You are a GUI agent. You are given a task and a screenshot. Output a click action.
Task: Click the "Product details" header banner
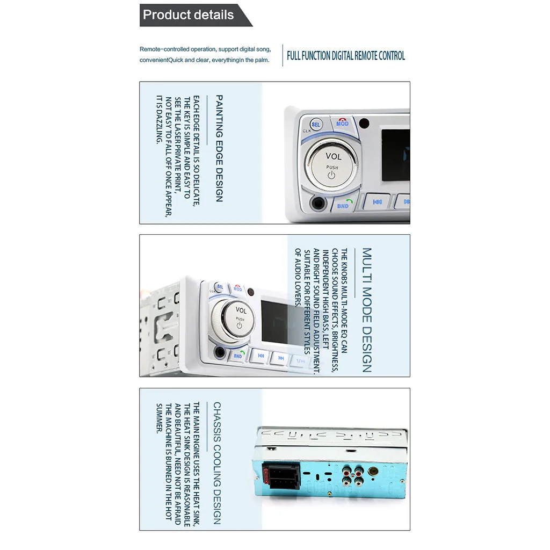tap(189, 15)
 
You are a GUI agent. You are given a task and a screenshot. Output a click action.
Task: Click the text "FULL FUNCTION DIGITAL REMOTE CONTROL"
tap(346, 56)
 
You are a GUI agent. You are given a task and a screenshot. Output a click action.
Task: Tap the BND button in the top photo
tap(343, 205)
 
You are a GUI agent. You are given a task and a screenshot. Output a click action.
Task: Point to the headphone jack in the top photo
tap(318, 204)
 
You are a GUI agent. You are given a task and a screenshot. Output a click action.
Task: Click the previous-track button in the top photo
tap(377, 201)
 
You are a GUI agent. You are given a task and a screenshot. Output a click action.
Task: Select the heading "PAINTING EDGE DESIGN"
tap(219, 149)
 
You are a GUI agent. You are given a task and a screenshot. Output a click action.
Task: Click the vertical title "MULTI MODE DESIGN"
tap(366, 310)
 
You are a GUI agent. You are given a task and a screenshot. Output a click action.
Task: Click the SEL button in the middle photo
tap(220, 287)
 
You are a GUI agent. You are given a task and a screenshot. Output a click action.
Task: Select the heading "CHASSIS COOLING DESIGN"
tap(217, 462)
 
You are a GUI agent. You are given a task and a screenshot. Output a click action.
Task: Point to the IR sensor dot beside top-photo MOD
tap(364, 122)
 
